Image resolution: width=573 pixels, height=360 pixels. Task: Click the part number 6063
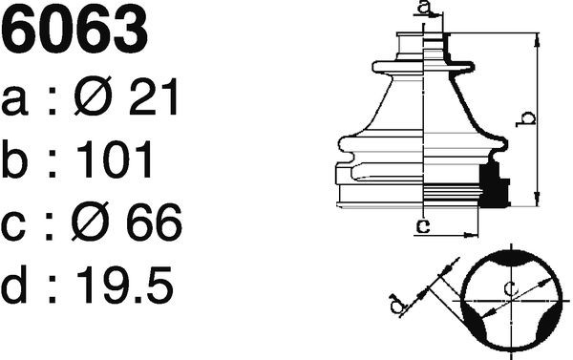(x=74, y=30)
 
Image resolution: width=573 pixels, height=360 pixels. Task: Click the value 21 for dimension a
(x=154, y=96)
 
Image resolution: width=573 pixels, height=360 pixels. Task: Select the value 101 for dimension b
(x=114, y=159)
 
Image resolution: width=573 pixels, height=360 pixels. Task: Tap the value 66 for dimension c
(x=154, y=222)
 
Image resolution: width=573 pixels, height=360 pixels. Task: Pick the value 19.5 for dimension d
(x=124, y=285)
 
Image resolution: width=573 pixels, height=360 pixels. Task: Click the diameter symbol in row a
(x=93, y=95)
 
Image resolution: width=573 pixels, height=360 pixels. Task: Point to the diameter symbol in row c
(x=91, y=222)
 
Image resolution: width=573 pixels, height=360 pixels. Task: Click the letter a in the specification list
(x=14, y=101)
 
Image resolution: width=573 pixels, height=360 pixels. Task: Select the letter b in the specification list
(x=14, y=159)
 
